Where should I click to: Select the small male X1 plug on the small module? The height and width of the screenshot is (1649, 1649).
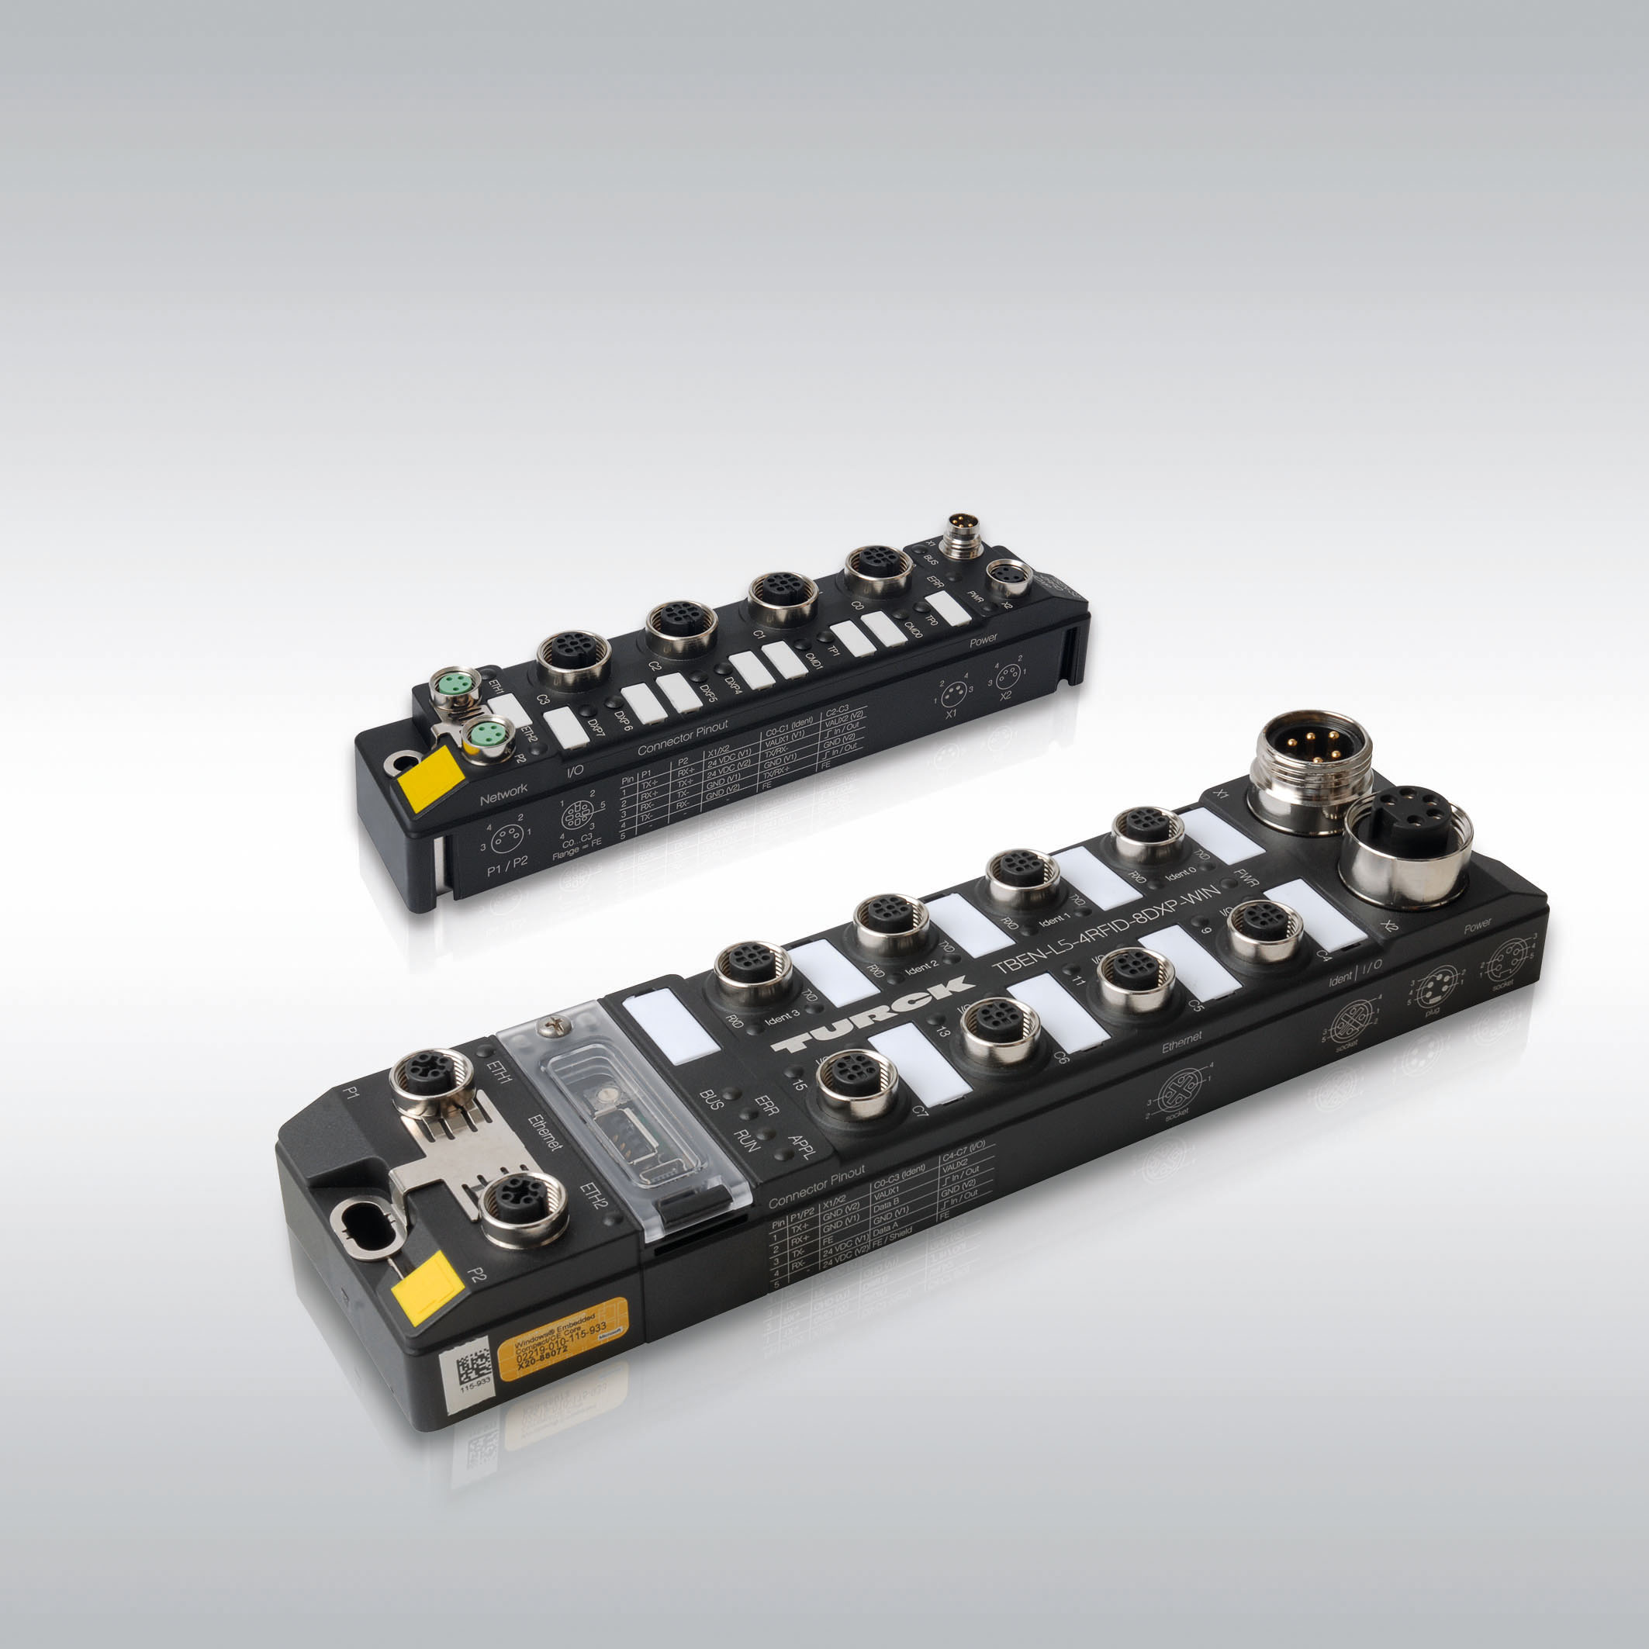pyautogui.click(x=963, y=535)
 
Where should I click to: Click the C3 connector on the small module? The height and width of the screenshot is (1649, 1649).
pyautogui.click(x=573, y=657)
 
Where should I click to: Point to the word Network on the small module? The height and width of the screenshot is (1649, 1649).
pyautogui.click(x=503, y=793)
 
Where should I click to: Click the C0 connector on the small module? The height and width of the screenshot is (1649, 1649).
pyautogui.click(x=878, y=569)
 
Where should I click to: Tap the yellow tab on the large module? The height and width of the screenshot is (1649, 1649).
pyautogui.click(x=427, y=1288)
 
